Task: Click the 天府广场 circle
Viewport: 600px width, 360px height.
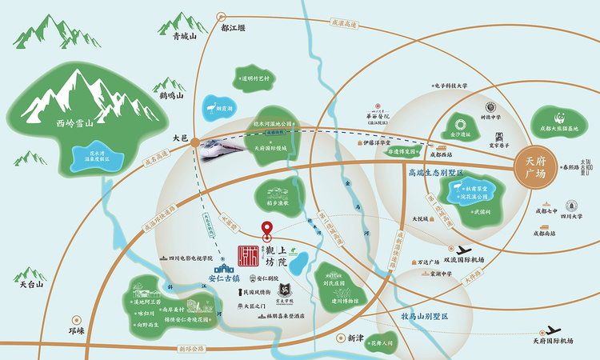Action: (534, 166)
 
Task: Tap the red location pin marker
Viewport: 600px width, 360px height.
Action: (267, 230)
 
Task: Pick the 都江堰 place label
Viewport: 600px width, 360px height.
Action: (234, 27)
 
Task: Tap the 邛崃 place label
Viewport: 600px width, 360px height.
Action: (76, 329)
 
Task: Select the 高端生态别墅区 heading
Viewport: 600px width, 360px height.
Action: (435, 172)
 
